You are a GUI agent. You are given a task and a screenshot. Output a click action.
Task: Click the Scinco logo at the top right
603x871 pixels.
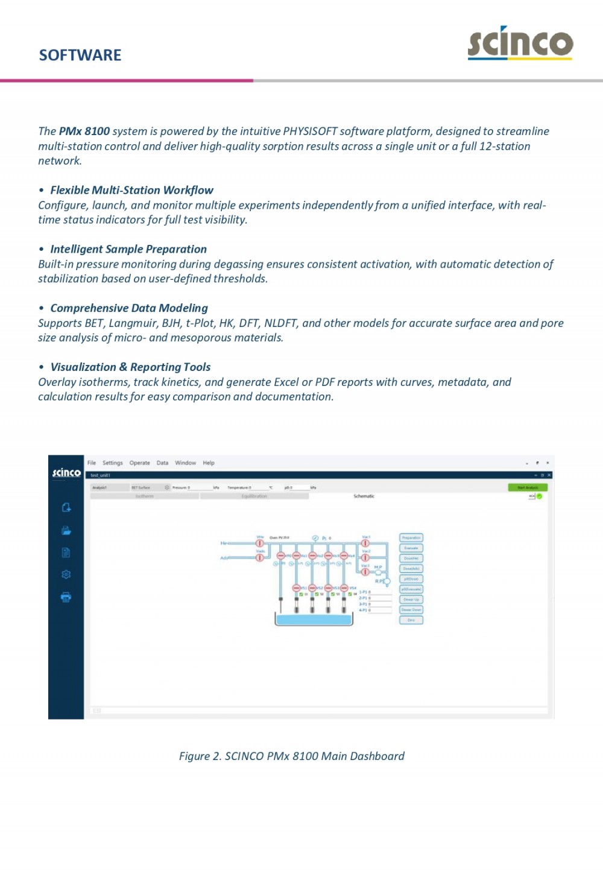pyautogui.click(x=520, y=43)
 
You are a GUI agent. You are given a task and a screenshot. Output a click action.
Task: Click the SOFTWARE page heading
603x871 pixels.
pyautogui.click(x=80, y=55)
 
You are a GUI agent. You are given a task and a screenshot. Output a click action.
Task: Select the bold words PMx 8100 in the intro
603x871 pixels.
pyautogui.click(x=84, y=131)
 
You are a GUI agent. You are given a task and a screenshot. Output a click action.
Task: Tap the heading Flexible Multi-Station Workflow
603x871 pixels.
pyautogui.click(x=131, y=191)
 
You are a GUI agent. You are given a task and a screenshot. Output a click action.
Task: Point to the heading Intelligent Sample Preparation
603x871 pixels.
pyautogui.click(x=128, y=249)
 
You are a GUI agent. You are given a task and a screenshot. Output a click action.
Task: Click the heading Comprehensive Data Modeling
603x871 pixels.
pyautogui.click(x=129, y=308)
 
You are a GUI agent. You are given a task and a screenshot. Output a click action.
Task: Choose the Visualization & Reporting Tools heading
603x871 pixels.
pyautogui.click(x=130, y=367)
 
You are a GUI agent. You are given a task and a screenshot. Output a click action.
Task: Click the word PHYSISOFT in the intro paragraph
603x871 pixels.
pyautogui.click(x=310, y=131)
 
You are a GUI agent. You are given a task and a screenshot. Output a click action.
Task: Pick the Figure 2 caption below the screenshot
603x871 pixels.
pyautogui.click(x=291, y=756)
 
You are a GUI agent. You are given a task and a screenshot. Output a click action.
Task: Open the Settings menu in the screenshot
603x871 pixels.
pyautogui.click(x=112, y=463)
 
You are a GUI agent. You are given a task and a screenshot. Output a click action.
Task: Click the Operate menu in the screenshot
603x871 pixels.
pyautogui.click(x=139, y=463)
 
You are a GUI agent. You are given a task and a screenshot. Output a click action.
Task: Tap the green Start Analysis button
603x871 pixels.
pyautogui.click(x=528, y=487)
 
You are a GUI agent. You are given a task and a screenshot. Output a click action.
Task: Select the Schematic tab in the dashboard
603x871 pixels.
pyautogui.click(x=364, y=496)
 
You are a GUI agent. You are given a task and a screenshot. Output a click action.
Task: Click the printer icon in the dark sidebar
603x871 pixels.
pyautogui.click(x=66, y=597)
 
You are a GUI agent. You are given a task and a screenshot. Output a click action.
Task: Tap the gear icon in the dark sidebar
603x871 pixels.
pyautogui.click(x=66, y=575)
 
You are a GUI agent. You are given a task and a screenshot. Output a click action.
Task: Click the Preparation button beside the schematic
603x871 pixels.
pyautogui.click(x=411, y=537)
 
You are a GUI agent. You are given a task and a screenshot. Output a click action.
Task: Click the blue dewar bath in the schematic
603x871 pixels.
pyautogui.click(x=313, y=619)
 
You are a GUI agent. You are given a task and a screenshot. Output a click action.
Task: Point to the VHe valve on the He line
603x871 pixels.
pyautogui.click(x=260, y=543)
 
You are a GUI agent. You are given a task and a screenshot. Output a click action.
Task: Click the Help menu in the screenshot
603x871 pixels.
pyautogui.click(x=209, y=463)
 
